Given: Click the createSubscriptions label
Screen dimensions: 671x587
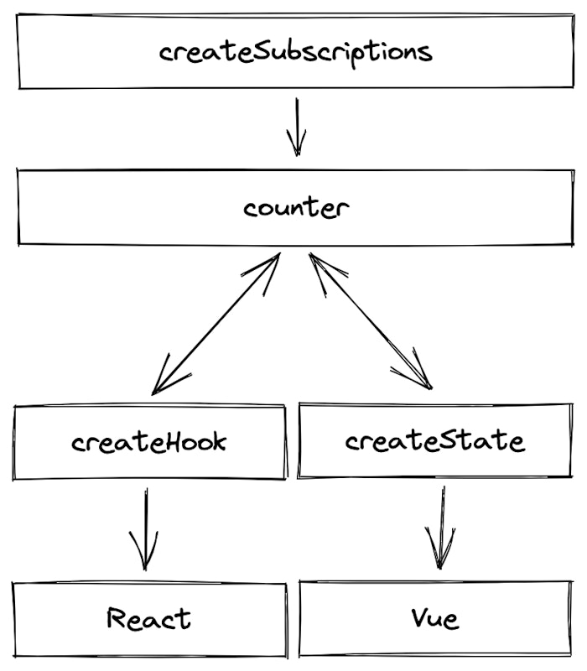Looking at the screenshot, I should tap(295, 51).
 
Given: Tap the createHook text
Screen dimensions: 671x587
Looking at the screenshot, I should tap(148, 442).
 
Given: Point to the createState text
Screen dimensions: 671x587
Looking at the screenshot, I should tap(434, 440).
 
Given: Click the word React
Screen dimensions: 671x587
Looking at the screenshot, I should tap(148, 619).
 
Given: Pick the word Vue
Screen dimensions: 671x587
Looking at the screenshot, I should tap(435, 619).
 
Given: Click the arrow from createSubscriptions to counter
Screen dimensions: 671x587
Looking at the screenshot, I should tap(296, 126).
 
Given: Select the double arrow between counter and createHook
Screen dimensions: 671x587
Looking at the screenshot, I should tap(216, 323).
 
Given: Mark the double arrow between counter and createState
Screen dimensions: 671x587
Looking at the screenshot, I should tap(369, 320).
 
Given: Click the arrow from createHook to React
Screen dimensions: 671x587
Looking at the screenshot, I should tap(146, 528).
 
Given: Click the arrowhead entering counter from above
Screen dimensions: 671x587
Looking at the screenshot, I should tap(296, 148).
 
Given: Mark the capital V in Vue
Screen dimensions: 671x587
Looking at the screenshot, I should tap(419, 618).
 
